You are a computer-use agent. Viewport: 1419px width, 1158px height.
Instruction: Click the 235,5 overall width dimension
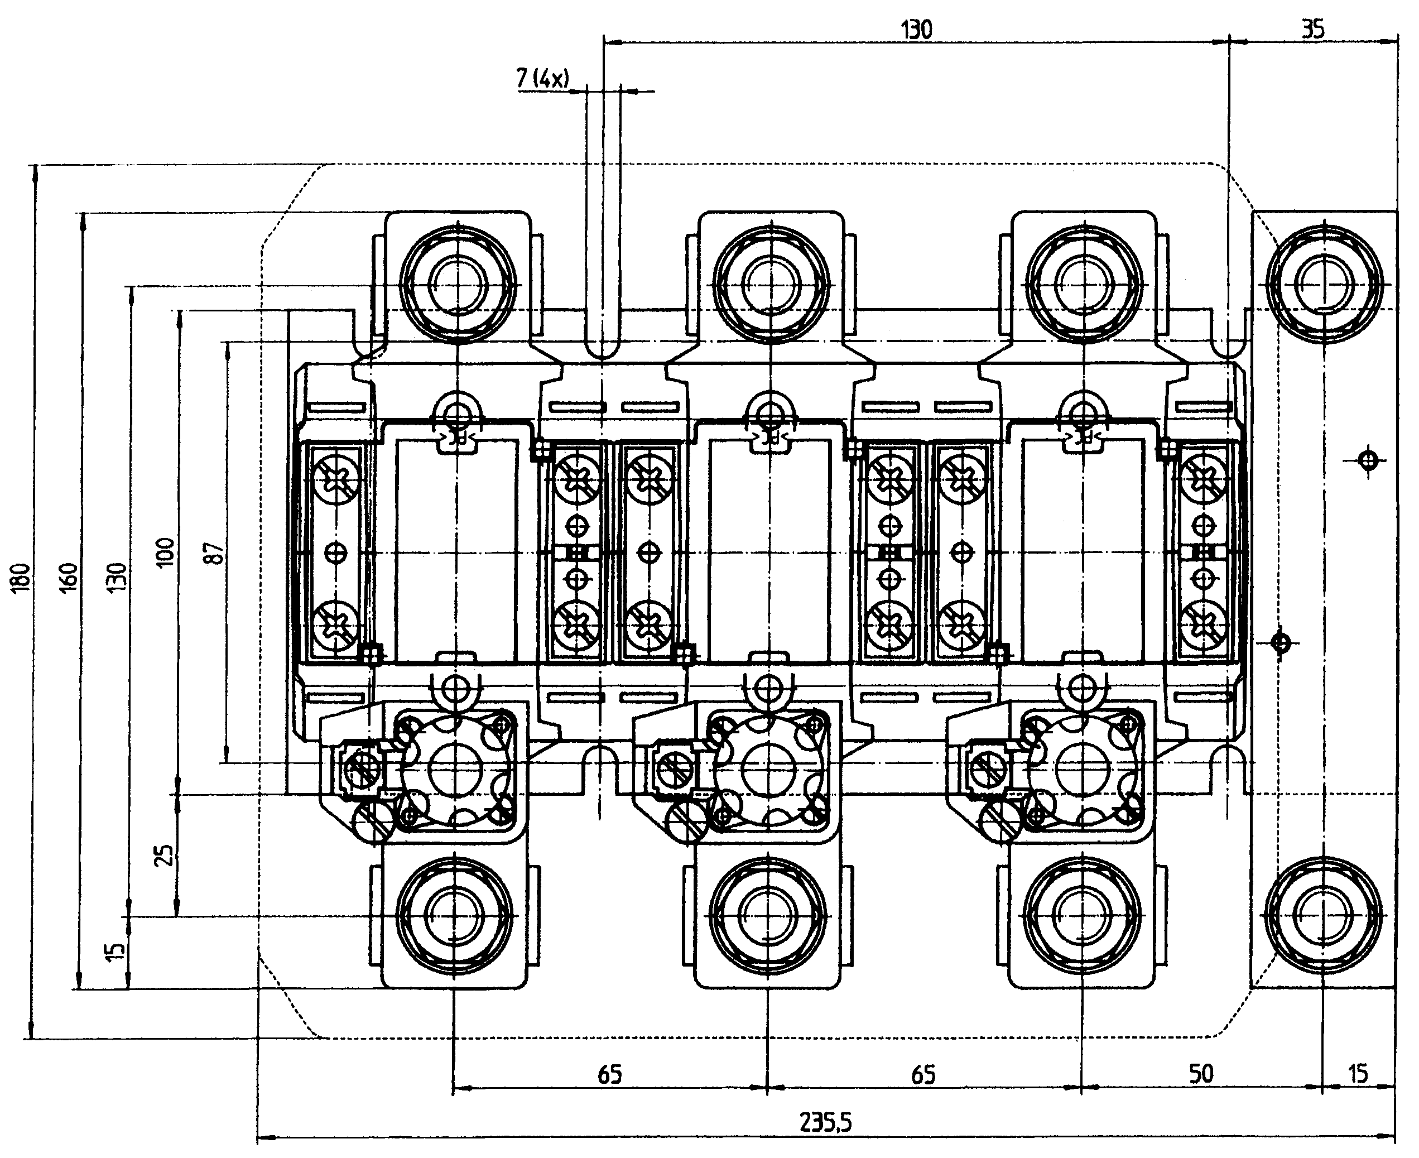(825, 1123)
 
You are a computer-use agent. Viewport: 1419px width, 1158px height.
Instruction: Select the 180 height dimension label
(21, 576)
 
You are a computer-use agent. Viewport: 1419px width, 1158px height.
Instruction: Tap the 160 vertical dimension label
(69, 576)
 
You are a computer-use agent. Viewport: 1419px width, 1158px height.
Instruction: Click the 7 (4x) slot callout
(543, 79)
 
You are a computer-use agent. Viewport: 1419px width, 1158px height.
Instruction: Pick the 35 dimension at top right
(1313, 30)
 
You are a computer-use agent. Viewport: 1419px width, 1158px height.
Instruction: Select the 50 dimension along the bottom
(1201, 1074)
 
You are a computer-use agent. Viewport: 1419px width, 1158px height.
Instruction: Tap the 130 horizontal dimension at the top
(916, 30)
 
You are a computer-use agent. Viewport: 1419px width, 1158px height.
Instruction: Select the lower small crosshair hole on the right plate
(1279, 643)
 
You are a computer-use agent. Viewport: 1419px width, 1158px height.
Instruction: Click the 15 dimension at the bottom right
(1358, 1074)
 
